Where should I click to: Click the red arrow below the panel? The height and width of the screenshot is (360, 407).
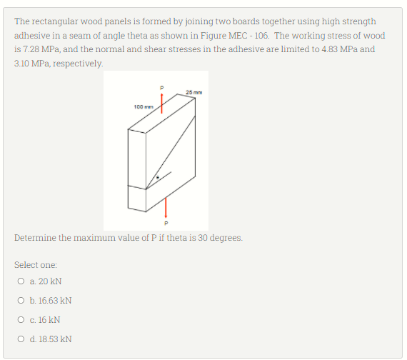(x=166, y=207)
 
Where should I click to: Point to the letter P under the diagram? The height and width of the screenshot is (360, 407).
(x=166, y=221)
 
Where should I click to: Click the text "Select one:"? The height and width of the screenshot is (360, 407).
(x=34, y=264)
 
